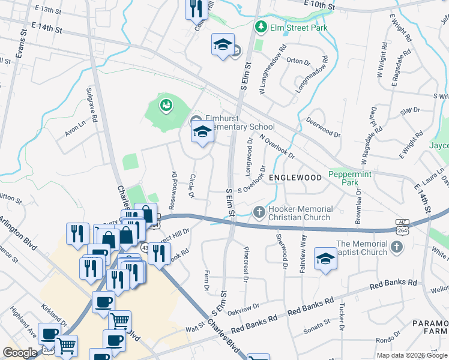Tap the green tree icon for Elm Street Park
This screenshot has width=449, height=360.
pyautogui.click(x=261, y=27)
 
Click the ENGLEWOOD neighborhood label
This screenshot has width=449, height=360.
pyautogui.click(x=295, y=178)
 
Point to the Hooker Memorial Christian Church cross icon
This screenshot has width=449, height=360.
pyautogui.click(x=259, y=212)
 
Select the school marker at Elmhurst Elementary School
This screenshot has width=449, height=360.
pyautogui.click(x=202, y=132)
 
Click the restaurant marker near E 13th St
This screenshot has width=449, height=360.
pyautogui.click(x=195, y=9)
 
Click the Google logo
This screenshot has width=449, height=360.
pyautogui.click(x=20, y=353)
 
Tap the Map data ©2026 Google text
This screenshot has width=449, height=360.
pyautogui.click(x=411, y=355)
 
